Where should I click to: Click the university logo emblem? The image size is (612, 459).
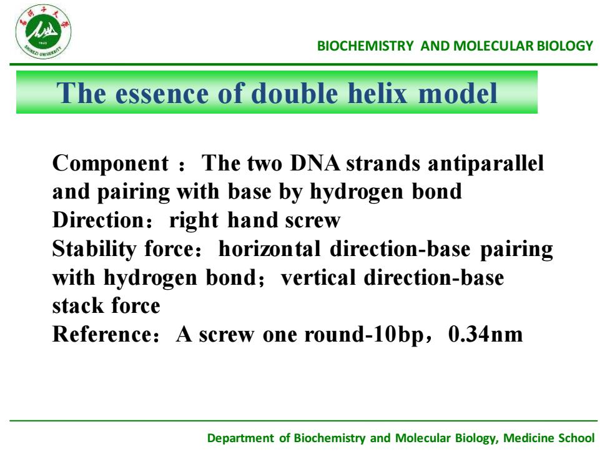43,32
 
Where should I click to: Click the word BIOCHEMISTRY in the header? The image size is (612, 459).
365,46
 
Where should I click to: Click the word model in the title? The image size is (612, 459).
457,93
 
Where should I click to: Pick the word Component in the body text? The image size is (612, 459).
111,164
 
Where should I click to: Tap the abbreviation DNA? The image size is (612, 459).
315,163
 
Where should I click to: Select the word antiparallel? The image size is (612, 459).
486,164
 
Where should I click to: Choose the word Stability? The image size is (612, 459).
94,249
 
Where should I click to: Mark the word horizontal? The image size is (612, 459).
270,249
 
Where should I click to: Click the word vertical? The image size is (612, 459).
318,277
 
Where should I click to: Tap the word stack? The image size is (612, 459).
77,305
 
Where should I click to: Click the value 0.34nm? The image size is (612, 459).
486,335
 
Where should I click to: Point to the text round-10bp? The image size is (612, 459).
363,335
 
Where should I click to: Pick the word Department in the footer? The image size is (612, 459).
240,438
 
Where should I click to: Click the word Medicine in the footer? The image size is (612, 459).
528,438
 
